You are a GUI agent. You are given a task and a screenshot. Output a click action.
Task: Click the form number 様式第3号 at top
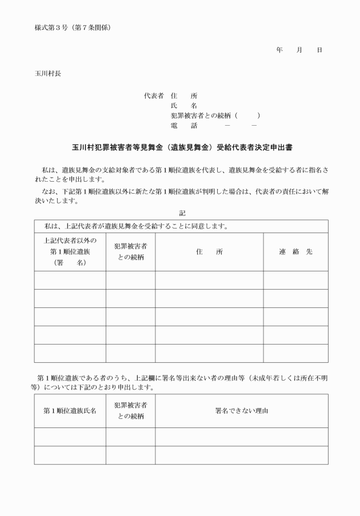53,28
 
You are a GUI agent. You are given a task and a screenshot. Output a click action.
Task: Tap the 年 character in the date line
279,50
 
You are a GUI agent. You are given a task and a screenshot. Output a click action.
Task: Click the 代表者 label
154,95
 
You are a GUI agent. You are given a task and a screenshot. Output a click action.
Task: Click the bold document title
182,147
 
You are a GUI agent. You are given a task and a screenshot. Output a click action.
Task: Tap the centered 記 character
182,213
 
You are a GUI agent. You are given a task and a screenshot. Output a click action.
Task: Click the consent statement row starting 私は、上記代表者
133,226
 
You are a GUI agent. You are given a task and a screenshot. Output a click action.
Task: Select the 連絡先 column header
295,251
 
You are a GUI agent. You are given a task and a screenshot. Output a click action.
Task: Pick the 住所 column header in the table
209,251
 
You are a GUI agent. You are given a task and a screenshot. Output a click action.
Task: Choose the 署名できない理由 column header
241,411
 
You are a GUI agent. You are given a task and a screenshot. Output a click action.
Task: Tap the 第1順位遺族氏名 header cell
70,411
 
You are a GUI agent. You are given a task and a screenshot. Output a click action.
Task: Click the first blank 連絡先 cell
295,280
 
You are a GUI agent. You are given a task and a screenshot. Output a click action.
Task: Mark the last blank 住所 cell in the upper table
209,353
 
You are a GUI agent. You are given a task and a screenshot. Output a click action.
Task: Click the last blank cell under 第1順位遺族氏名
70,455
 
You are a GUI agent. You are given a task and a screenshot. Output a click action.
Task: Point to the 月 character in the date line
299,50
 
